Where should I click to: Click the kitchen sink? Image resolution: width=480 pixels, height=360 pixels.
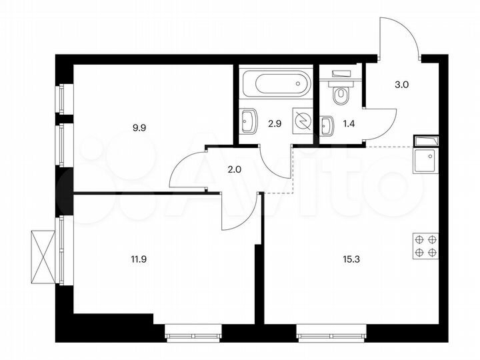coord(425,161)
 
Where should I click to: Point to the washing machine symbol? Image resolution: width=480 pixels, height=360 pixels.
coord(304,123)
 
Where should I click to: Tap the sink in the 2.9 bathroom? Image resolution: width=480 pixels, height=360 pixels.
coord(250,121)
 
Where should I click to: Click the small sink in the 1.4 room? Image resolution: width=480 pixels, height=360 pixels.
coord(327,125)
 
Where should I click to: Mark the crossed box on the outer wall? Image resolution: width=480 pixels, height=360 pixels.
coord(43,256)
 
